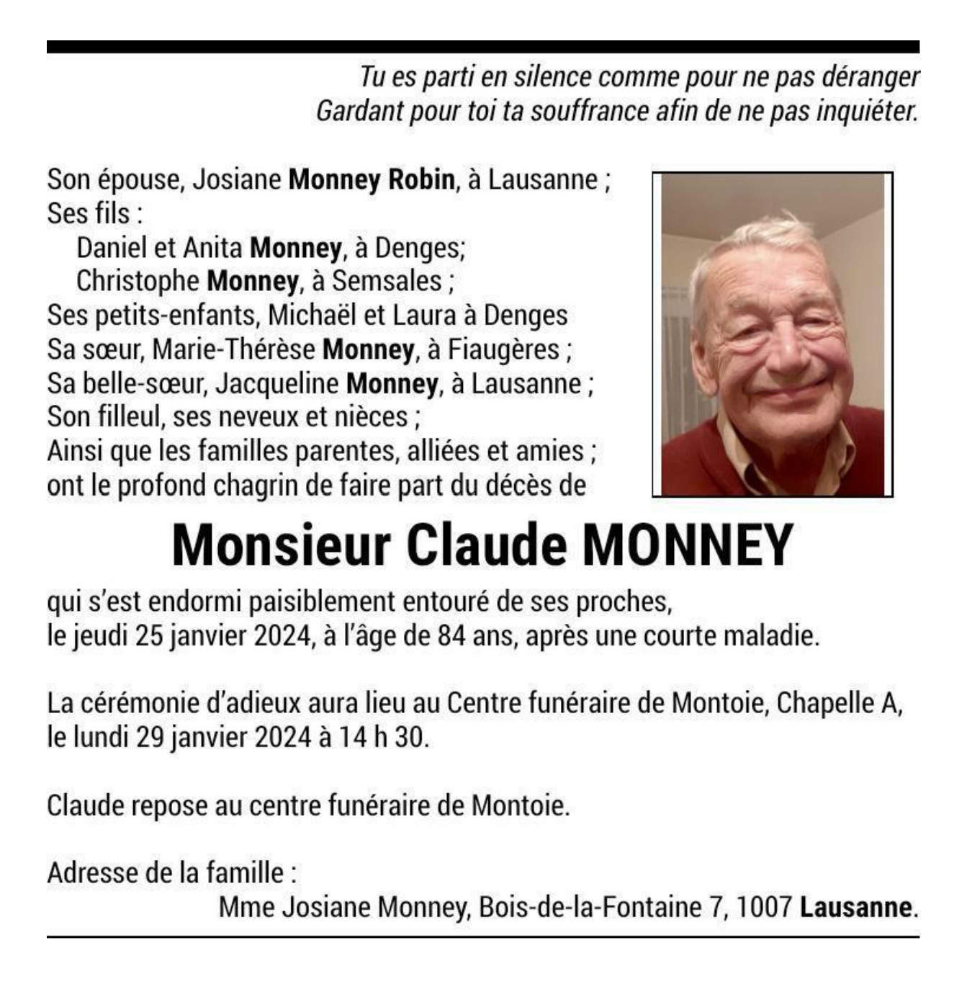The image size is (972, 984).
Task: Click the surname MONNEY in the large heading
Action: [688, 545]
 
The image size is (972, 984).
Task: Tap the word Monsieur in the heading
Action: [282, 545]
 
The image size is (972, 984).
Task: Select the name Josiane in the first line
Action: [236, 179]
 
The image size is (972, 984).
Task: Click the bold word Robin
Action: [421, 179]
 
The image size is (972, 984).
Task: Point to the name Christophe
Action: [138, 281]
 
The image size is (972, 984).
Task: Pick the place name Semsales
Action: [387, 281]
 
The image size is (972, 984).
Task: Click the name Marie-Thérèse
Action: [233, 349]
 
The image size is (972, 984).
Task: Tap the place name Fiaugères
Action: [503, 349]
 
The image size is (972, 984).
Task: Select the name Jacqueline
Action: [276, 383]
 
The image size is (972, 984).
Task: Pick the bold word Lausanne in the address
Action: [856, 907]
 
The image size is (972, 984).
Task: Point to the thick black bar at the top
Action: [483, 47]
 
